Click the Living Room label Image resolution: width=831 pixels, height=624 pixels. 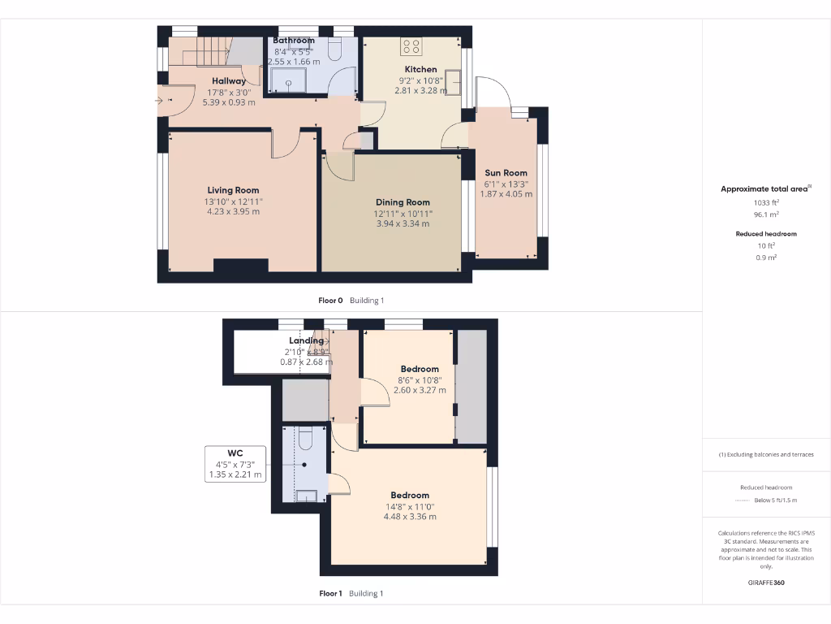point(233,190)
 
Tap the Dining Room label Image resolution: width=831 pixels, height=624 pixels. point(403,202)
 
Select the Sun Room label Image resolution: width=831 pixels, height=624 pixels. point(506,173)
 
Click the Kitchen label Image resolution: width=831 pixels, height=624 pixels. point(420,70)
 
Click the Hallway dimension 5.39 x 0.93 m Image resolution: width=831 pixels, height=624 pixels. point(229,102)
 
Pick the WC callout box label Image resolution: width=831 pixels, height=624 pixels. point(235,453)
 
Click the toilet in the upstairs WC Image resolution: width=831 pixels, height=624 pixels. point(305,440)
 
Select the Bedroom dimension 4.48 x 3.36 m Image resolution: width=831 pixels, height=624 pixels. point(410,516)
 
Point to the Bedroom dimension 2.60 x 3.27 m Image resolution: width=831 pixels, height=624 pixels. point(420,390)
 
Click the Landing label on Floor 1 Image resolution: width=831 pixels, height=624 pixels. point(306,341)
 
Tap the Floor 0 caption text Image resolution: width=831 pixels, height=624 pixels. point(331,301)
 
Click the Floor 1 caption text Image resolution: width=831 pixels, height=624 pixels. point(331,594)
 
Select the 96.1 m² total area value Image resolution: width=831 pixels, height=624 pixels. point(765,215)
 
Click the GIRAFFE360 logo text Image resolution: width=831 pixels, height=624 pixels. point(765,583)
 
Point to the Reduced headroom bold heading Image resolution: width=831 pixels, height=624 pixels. point(765,234)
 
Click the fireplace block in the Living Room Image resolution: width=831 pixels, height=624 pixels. point(241,265)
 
